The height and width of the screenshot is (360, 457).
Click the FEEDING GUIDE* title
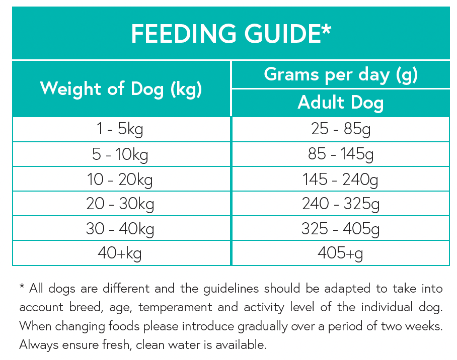[231, 34]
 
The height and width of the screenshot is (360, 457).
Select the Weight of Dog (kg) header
[121, 89]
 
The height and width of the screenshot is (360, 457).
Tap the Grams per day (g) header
[341, 75]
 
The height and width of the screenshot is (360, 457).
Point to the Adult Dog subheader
[341, 103]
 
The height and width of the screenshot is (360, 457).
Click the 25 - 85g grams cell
[341, 130]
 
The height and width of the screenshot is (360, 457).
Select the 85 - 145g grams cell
[341, 154]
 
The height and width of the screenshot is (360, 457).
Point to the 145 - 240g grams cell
[341, 179]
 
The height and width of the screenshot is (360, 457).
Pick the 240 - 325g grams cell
[341, 204]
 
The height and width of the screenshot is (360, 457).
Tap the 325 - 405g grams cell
[341, 228]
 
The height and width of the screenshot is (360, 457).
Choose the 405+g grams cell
[341, 253]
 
